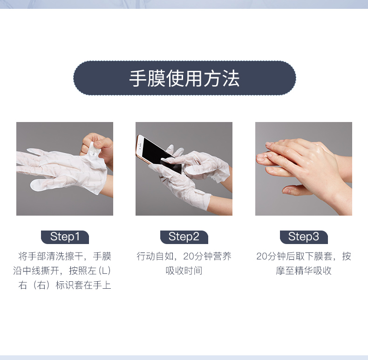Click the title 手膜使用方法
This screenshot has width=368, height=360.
click(184, 78)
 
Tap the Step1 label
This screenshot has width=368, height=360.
click(65, 237)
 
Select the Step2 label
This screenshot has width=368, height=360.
click(184, 237)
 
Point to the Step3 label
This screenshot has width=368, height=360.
click(304, 237)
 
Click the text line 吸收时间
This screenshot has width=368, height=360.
click(184, 271)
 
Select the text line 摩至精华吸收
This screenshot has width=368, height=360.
click(304, 271)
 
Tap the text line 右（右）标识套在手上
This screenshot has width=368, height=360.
click(65, 285)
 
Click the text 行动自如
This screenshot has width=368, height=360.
click(155, 256)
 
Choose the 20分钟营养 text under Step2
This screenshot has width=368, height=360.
click(207, 256)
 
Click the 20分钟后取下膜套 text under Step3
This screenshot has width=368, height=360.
click(294, 256)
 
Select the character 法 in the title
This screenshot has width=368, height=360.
click(231, 78)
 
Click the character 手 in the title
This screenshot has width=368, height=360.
click(138, 78)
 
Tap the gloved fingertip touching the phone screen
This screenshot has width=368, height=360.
click(165, 161)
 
